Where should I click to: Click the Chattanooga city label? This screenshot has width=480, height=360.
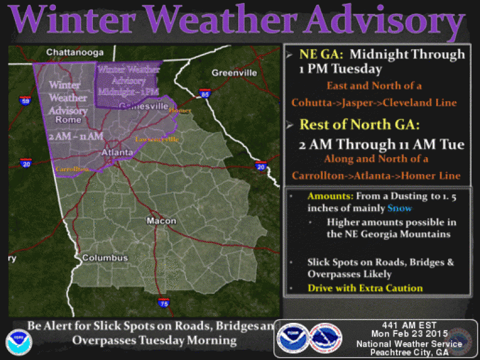tap(75, 52)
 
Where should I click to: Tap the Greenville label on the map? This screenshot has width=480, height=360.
tap(234, 73)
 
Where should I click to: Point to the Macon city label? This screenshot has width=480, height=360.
tap(162, 221)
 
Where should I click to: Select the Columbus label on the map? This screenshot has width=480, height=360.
tap(105, 258)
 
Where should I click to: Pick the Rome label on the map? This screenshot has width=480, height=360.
tap(68, 119)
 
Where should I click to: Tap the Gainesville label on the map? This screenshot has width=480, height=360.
tap(143, 106)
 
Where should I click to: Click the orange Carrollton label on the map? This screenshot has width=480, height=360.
tap(73, 169)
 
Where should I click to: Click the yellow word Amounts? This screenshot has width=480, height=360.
tap(329, 197)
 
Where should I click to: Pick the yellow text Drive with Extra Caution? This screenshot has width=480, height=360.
tap(365, 288)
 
